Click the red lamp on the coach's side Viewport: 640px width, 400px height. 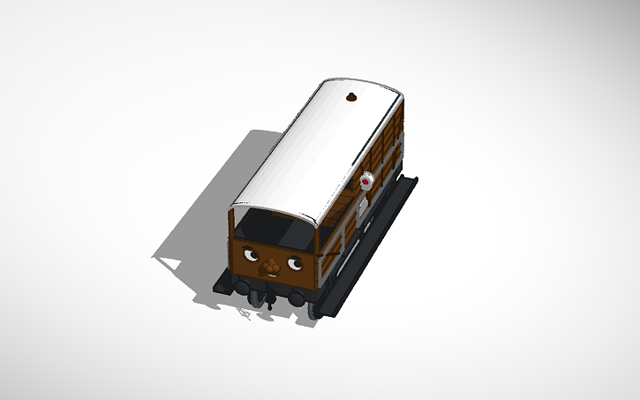(x=365, y=181)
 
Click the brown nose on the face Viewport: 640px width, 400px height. (x=274, y=265)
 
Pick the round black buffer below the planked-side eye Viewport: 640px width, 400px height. (x=296, y=299)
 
